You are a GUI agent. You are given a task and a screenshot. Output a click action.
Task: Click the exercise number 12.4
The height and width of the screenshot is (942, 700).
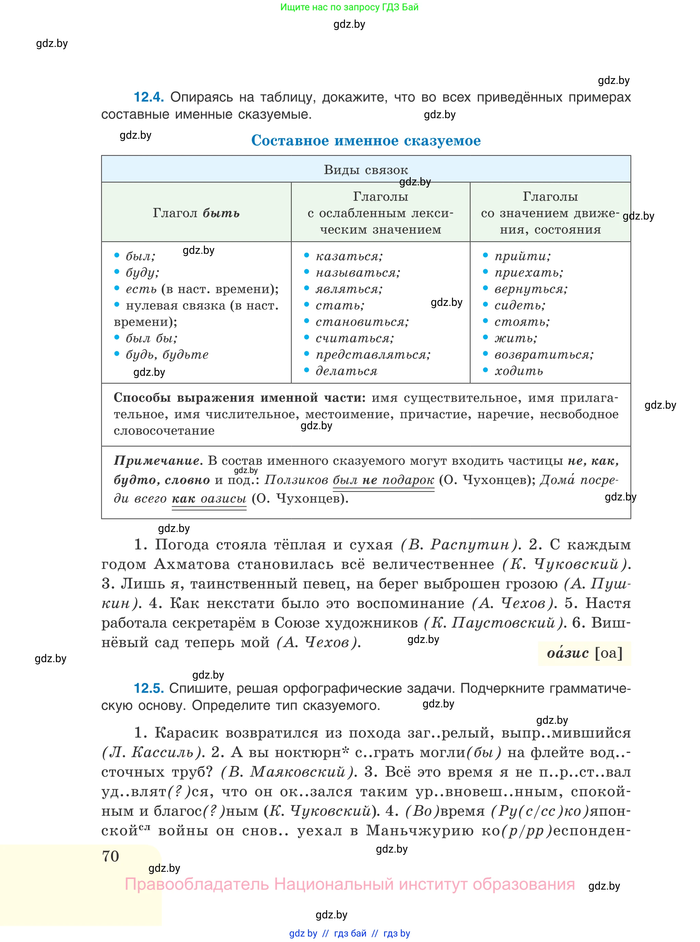(x=148, y=97)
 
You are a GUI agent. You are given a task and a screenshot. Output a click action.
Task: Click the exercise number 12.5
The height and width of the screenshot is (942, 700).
(x=148, y=688)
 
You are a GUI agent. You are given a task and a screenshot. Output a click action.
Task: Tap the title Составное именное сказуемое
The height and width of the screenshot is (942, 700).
(x=366, y=141)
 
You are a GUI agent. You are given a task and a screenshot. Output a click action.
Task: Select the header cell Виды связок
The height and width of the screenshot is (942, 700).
(x=366, y=170)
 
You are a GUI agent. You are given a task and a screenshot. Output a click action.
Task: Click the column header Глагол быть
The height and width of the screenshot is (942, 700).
(x=196, y=213)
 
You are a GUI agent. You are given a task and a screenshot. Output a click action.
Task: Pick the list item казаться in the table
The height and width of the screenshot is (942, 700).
(x=349, y=256)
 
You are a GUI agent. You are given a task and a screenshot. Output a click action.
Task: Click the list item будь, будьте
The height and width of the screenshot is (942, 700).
(x=167, y=355)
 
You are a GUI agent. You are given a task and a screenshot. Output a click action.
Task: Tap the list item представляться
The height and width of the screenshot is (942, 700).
(x=373, y=355)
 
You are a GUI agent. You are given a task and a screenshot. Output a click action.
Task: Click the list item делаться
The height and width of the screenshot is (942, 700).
(x=346, y=371)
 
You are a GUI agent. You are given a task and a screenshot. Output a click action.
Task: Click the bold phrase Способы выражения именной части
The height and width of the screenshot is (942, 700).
(x=240, y=398)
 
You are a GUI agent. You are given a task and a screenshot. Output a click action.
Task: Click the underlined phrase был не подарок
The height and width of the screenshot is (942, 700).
(x=383, y=480)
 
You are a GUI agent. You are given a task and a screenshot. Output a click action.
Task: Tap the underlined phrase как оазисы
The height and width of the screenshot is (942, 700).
(x=209, y=498)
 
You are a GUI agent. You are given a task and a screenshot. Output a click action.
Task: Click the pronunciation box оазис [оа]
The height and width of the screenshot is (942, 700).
(x=584, y=653)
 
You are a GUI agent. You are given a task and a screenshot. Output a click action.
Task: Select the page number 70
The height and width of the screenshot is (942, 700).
(x=111, y=856)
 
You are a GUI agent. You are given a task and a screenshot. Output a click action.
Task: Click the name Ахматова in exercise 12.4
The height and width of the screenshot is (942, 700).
(x=192, y=564)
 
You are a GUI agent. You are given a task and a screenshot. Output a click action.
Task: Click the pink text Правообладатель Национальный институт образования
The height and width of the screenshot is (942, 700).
(x=349, y=884)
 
